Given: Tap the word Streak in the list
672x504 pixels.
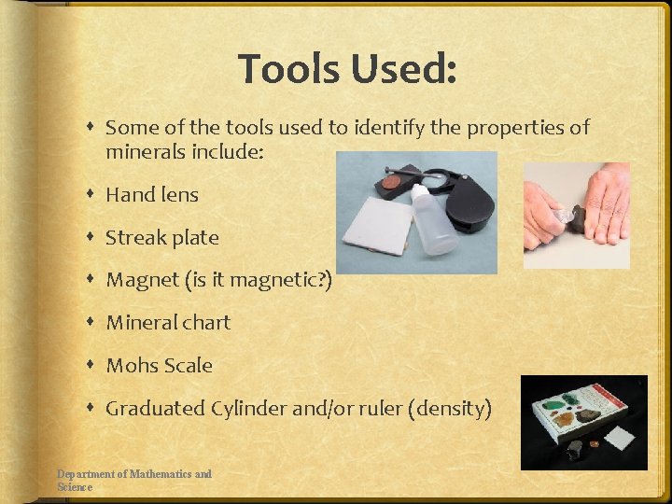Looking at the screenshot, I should coord(134,237).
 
